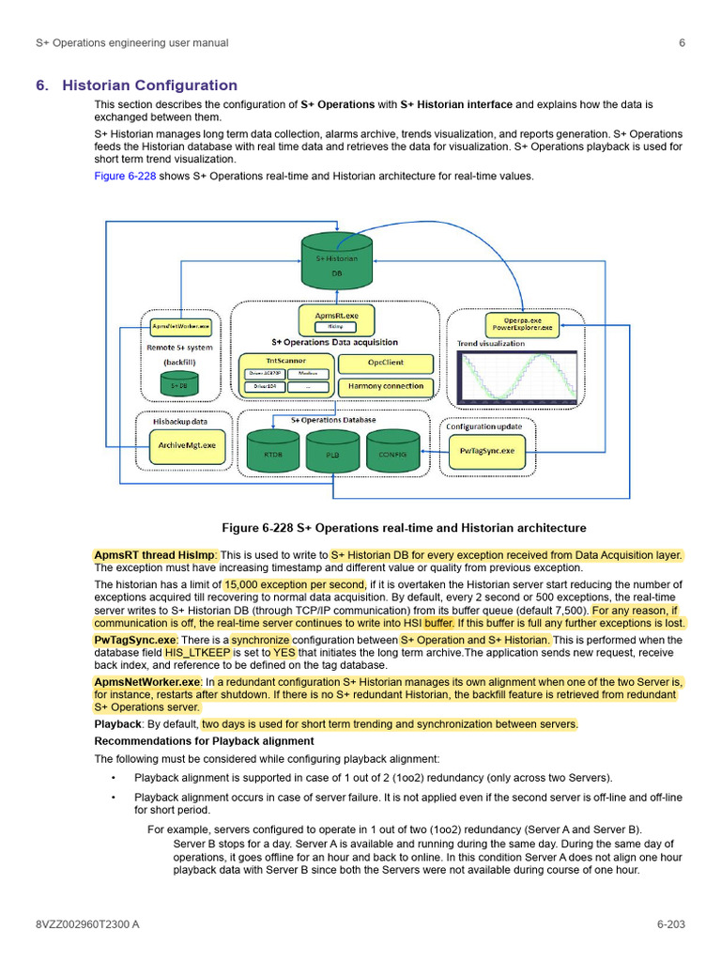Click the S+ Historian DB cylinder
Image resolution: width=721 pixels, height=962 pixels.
pos(336,262)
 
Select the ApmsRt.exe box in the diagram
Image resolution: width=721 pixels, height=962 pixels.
pos(335,319)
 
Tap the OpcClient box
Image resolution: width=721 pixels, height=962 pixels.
pos(385,363)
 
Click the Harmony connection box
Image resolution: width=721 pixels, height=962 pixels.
pos(385,386)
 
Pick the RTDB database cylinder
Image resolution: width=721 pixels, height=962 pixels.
pos(273,452)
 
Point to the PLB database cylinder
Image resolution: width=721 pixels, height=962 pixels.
pos(332,452)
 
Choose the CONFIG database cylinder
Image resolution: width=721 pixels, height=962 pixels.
pos(392,452)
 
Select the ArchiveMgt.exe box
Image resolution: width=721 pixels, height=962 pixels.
pos(188,445)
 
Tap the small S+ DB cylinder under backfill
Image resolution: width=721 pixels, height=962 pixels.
pos(174,384)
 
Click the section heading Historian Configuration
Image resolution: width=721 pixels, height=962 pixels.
pos(149,85)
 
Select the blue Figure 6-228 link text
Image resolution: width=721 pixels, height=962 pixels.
pos(125,176)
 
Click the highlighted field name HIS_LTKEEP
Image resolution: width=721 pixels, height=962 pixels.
pos(197,651)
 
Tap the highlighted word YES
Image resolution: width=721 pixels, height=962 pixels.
pos(284,651)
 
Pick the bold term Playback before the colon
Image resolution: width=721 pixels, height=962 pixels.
pos(116,724)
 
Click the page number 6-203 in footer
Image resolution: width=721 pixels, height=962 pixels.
pos(670,924)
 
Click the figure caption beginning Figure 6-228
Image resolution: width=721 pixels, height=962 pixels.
pos(404,528)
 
